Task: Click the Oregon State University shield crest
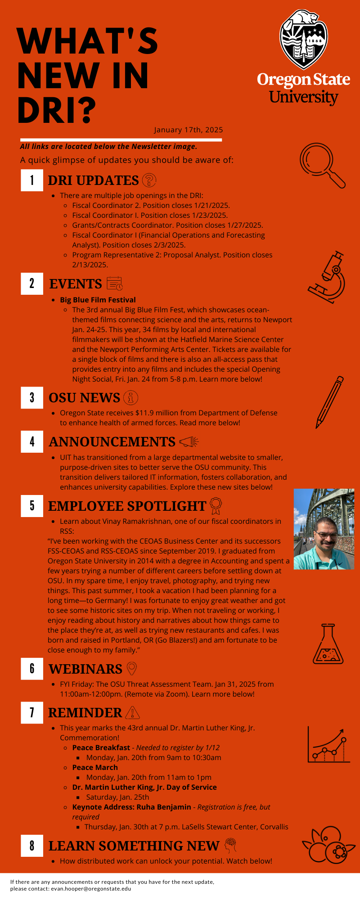click(x=304, y=40)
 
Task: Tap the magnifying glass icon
click(x=322, y=165)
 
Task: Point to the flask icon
click(x=328, y=644)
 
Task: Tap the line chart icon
click(x=328, y=745)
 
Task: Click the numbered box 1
click(x=32, y=180)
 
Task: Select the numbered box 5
click(x=32, y=505)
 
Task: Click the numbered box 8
click(x=32, y=846)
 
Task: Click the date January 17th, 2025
click(x=189, y=130)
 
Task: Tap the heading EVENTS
click(x=76, y=284)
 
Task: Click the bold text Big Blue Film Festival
click(x=98, y=300)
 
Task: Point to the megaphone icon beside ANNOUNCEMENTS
click(x=189, y=442)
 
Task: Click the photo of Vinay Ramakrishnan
click(x=324, y=529)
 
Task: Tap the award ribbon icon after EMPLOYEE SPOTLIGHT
click(x=216, y=505)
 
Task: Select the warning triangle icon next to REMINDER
click(x=133, y=713)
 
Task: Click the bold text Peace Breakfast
click(x=101, y=747)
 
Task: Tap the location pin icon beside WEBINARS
click(x=131, y=669)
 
